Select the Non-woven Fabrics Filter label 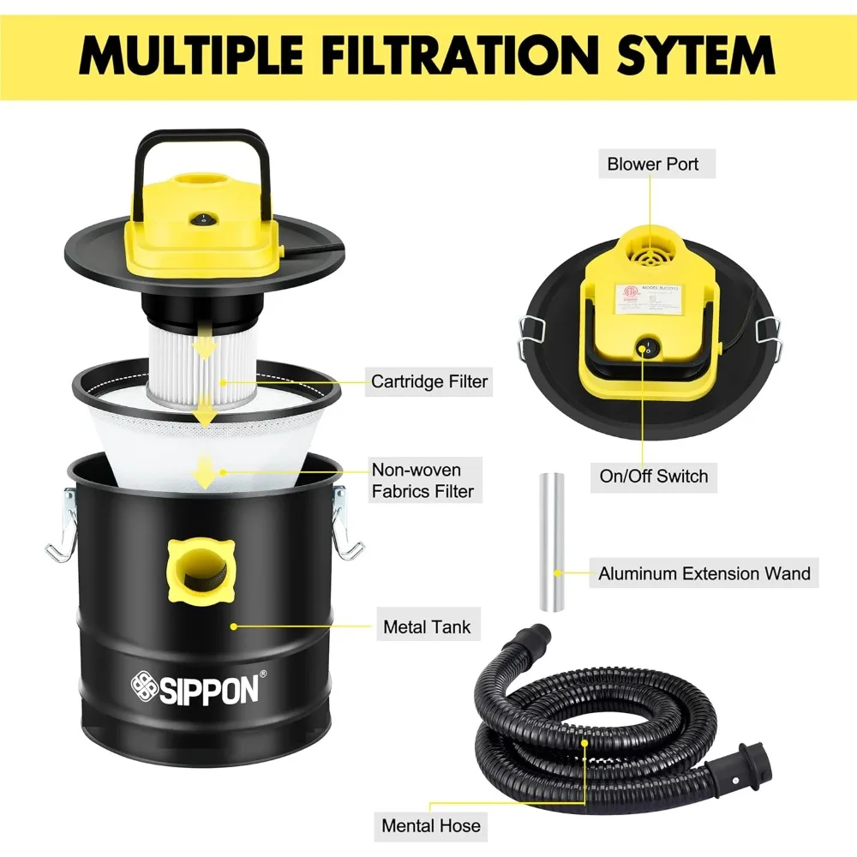[x=422, y=480]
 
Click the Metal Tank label [x=427, y=627]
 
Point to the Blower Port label [x=653, y=163]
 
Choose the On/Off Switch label [x=653, y=476]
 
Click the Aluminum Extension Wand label [x=704, y=572]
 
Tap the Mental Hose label [x=431, y=826]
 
